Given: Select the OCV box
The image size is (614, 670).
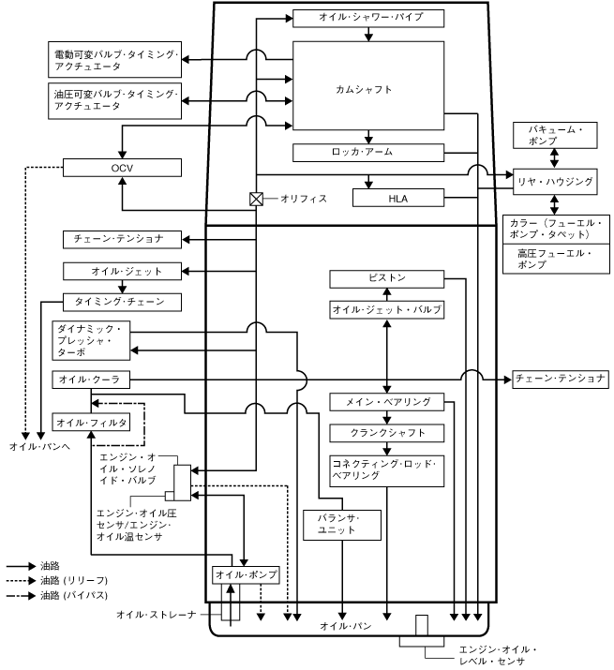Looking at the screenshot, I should pyautogui.click(x=119, y=168).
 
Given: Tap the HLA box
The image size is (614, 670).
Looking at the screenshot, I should pyautogui.click(x=397, y=198).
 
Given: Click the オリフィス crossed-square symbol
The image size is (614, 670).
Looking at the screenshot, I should pyautogui.click(x=254, y=199).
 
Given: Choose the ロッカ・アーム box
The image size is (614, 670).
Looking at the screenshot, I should pyautogui.click(x=367, y=152).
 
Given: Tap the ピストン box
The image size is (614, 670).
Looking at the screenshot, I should pyautogui.click(x=386, y=279).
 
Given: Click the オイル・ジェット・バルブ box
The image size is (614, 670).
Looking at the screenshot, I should pyautogui.click(x=386, y=309).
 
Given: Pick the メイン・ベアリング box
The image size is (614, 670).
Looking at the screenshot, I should pyautogui.click(x=386, y=403).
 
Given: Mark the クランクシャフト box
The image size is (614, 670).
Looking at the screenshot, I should pyautogui.click(x=386, y=433).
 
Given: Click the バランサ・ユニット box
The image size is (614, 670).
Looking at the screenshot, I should pyautogui.click(x=343, y=525).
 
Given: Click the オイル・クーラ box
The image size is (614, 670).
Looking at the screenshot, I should pyautogui.click(x=91, y=380).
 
